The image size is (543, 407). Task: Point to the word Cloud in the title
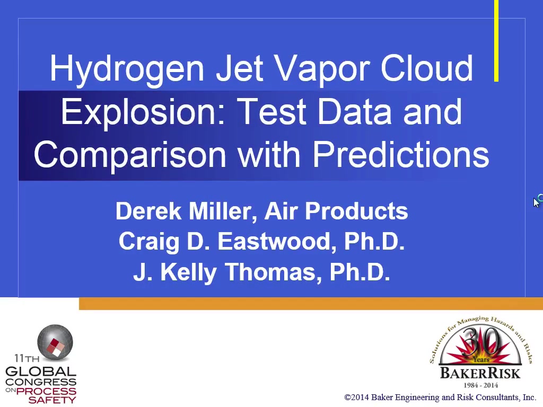click(427, 68)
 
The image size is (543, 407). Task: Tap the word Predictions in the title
click(401, 154)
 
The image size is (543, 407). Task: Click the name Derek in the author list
click(148, 211)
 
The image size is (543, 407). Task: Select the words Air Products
click(336, 211)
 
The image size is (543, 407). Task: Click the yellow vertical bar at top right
click(496, 41)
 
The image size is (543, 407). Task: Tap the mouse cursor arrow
click(537, 202)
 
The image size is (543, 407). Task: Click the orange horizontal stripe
click(311, 303)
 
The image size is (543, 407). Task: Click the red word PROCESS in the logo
click(47, 392)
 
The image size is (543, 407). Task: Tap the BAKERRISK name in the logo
click(480, 374)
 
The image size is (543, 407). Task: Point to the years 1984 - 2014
click(480, 385)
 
